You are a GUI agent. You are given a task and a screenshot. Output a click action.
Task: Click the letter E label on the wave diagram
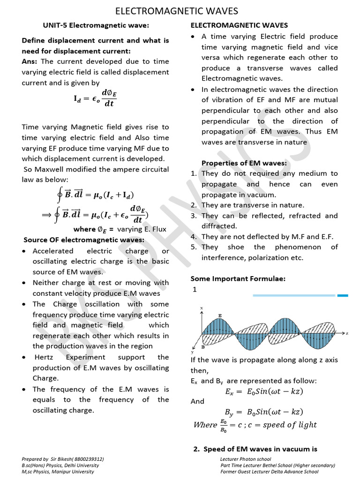pyautogui.click(x=220, y=315)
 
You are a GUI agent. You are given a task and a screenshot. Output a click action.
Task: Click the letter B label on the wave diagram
pyautogui.click(x=202, y=347)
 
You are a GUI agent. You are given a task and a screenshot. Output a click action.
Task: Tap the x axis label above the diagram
pyautogui.click(x=202, y=308)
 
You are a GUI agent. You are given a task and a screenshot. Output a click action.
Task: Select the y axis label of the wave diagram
pyautogui.click(x=192, y=352)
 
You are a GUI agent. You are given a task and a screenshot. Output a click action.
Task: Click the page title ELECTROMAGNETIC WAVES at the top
pyautogui.click(x=177, y=11)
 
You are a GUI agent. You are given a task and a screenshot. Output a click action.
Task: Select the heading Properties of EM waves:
pyautogui.click(x=244, y=163)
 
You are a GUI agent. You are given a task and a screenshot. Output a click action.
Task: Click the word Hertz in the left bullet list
pyautogui.click(x=43, y=357)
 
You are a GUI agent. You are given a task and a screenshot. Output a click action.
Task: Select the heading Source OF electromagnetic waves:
pyautogui.click(x=84, y=240)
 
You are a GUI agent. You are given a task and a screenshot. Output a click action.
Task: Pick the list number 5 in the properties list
pyautogui.click(x=193, y=247)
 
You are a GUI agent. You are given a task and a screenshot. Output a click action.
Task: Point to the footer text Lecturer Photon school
pyautogui.click(x=245, y=459)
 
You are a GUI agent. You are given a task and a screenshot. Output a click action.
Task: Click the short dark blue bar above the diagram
pyautogui.click(x=343, y=295)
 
